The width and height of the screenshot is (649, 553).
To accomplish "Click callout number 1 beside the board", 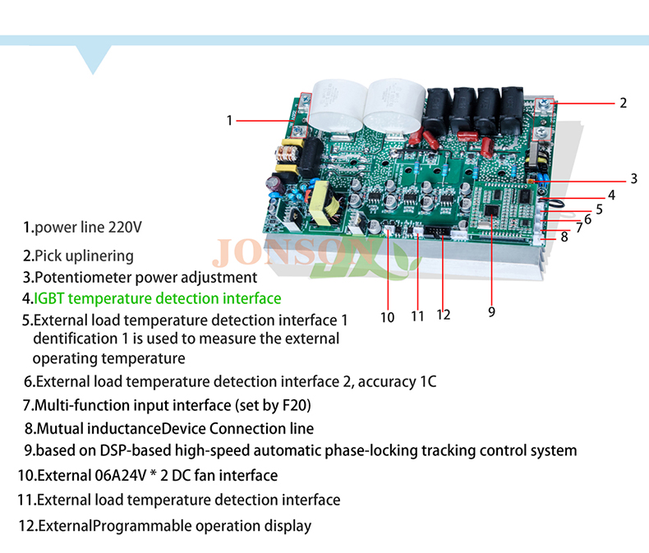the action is [x=229, y=121].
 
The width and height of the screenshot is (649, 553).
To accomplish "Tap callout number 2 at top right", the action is [x=623, y=103].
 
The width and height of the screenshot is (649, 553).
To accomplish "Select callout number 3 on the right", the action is [x=633, y=179].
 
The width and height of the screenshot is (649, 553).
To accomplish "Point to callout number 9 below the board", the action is [x=491, y=311].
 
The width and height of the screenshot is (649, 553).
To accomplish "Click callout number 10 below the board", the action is [x=388, y=317].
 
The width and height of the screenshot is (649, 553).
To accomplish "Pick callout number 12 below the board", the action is [x=444, y=315].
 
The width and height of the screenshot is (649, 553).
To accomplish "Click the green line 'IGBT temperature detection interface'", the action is [x=157, y=298].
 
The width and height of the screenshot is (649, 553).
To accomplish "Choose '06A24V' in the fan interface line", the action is [x=121, y=475].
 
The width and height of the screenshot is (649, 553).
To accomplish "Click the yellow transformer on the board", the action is [x=325, y=203].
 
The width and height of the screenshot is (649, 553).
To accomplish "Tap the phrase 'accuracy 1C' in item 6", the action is [x=397, y=381].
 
